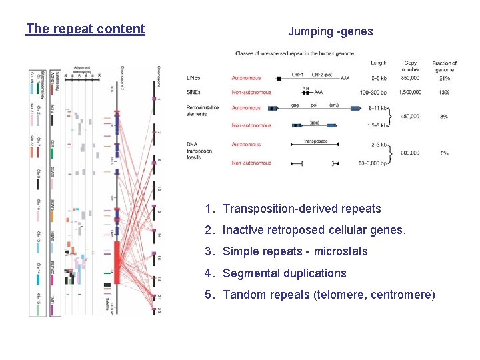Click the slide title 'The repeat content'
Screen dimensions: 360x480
[x=85, y=29]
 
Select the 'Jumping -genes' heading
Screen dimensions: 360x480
[x=330, y=31]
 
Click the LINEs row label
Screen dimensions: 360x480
[x=193, y=78]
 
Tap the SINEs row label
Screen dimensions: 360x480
[x=193, y=91]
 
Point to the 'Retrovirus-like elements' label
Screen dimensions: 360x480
[x=203, y=110]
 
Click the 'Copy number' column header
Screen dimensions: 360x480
[x=410, y=67]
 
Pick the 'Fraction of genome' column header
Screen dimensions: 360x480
[x=445, y=67]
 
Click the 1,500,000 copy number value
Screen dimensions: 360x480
[x=409, y=91]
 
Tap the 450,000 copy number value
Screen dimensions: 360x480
[x=409, y=116]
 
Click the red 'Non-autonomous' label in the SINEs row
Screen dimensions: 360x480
[x=252, y=91]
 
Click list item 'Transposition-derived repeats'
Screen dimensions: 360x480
[x=301, y=209]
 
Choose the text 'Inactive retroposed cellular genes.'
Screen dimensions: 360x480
[x=313, y=230]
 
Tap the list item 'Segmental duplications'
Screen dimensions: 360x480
[x=284, y=273]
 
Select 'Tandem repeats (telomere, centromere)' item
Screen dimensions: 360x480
[x=328, y=295]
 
